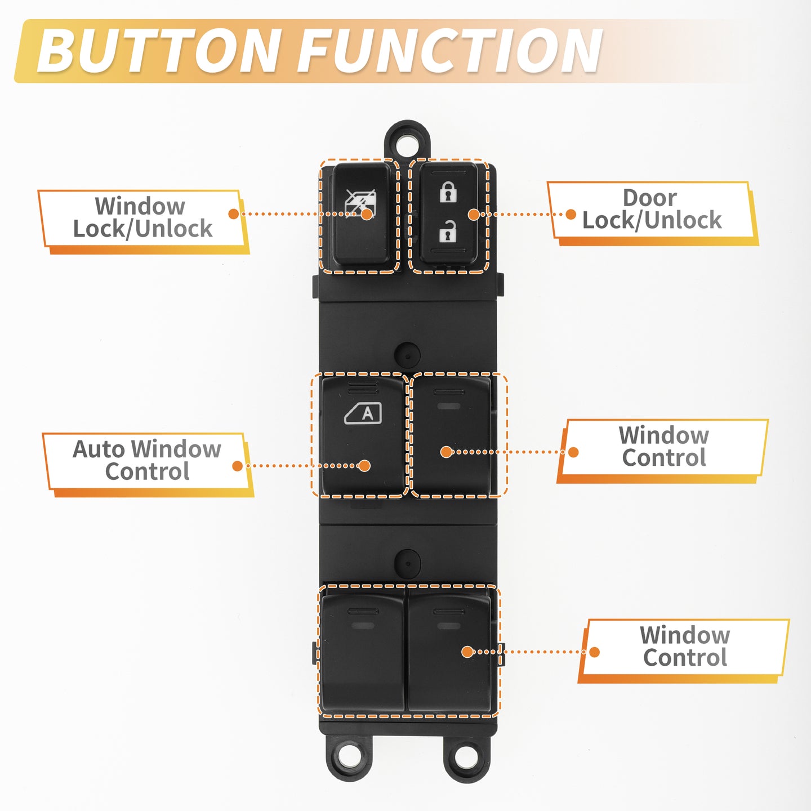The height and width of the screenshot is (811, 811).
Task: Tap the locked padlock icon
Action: [x=448, y=192]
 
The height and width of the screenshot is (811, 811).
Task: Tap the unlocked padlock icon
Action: [x=448, y=231]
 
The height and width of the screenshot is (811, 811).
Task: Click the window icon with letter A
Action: [x=363, y=413]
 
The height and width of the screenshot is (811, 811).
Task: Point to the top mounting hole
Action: [x=407, y=143]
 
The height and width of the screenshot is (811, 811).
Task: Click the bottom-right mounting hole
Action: [x=466, y=759]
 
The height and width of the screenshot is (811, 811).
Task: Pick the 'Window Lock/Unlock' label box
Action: [x=143, y=222]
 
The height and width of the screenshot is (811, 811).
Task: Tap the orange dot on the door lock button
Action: [x=474, y=215]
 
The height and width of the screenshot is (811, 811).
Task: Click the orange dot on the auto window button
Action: [x=364, y=465]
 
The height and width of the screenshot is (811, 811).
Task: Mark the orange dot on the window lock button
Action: [x=367, y=214]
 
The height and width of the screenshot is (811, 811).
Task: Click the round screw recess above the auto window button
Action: [x=407, y=355]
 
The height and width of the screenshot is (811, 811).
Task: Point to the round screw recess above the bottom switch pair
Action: [x=407, y=563]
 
